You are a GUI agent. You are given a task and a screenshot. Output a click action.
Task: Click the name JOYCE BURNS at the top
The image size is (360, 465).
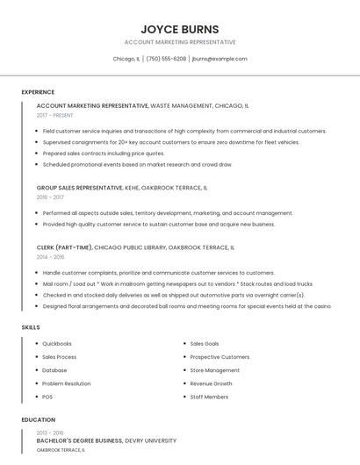pos(180,29)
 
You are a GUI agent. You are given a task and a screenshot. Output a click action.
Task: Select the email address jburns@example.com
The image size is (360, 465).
pos(219,59)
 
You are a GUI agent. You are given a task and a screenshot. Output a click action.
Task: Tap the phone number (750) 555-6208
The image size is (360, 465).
pos(166,59)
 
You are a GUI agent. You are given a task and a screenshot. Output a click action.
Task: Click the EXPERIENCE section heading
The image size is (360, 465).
pos(38,92)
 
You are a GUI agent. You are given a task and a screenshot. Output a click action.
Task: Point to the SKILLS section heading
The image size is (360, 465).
pos(31,327)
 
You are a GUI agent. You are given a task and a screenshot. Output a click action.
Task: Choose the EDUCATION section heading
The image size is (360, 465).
pos(38,420)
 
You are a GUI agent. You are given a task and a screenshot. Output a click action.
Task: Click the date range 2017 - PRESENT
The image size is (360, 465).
pos(55,115)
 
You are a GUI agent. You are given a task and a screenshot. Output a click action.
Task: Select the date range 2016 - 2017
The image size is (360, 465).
pos(50,197)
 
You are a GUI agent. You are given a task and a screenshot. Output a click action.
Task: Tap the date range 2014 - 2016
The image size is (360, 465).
pos(50,257)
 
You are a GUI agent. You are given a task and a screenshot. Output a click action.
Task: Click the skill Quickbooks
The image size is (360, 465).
pos(57,344)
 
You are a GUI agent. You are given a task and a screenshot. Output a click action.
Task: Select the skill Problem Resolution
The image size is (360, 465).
pos(67,383)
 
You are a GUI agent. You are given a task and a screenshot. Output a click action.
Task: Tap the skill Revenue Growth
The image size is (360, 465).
pos(211,383)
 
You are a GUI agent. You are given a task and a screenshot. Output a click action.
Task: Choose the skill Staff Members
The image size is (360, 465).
pos(209,397)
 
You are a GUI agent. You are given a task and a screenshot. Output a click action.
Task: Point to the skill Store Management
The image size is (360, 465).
pos(215,370)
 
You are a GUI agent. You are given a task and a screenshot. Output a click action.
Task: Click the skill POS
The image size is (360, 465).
pos(47,397)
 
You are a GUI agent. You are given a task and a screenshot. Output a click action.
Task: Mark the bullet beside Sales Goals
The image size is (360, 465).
pos(184,344)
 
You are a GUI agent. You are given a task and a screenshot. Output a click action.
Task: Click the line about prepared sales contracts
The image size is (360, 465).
pos(104,153)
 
